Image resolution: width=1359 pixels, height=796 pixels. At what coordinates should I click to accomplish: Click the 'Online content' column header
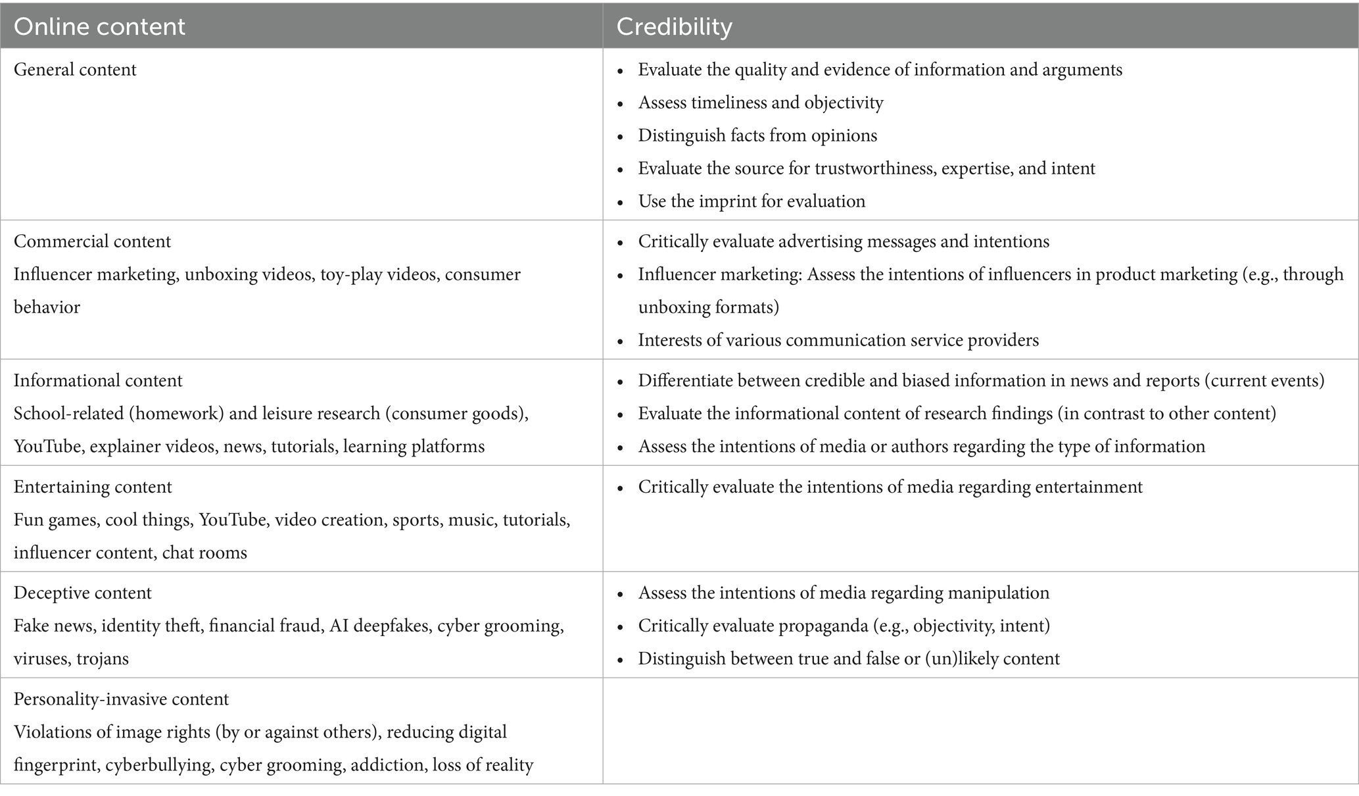pyautogui.click(x=99, y=26)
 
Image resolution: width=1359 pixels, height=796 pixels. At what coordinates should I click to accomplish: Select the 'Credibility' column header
pyautogui.click(x=673, y=26)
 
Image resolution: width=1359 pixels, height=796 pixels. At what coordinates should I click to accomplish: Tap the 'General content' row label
pyautogui.click(x=75, y=70)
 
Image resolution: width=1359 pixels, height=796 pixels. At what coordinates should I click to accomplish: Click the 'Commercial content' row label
pyautogui.click(x=92, y=241)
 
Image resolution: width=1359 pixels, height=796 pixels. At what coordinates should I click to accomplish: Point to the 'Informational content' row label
pyautogui.click(x=98, y=381)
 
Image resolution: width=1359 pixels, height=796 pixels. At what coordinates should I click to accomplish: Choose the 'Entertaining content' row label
pyautogui.click(x=93, y=487)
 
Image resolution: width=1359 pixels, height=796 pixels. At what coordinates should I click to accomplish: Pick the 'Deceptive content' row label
pyautogui.click(x=82, y=593)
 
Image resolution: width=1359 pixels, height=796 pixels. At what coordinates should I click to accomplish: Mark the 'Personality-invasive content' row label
pyautogui.click(x=121, y=699)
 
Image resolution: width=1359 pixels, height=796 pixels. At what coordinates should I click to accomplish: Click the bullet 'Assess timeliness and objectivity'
pyautogui.click(x=760, y=103)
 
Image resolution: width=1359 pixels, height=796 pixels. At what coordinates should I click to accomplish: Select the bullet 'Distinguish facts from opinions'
pyautogui.click(x=757, y=136)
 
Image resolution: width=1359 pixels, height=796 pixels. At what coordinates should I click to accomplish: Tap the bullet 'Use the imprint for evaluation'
pyautogui.click(x=751, y=201)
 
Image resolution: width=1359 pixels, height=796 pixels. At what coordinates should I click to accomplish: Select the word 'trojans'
pyautogui.click(x=102, y=659)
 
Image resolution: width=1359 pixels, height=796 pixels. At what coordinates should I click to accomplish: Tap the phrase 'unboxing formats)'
pyautogui.click(x=708, y=307)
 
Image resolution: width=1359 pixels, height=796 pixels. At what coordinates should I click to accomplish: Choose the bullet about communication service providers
pyautogui.click(x=838, y=340)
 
